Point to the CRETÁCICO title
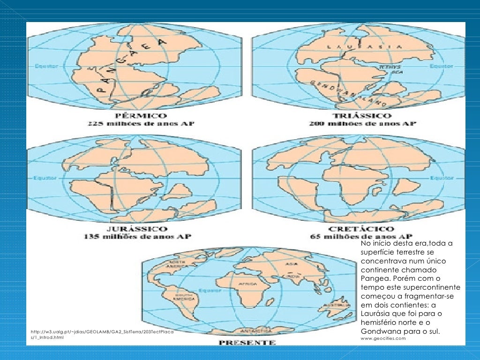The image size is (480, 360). click(x=361, y=229)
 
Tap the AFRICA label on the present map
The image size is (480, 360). click(x=248, y=285)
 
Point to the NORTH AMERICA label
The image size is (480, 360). click(x=168, y=264)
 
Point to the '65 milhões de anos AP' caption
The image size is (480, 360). click(x=361, y=237)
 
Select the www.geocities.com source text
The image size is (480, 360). click(x=383, y=338)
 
